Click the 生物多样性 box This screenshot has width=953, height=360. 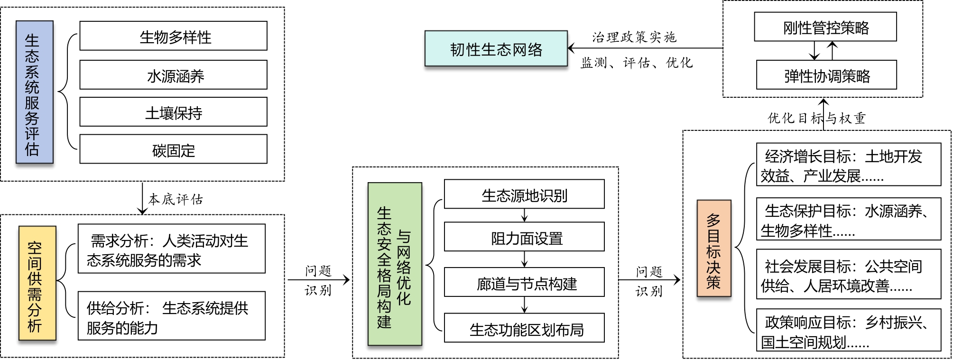(x=173, y=36)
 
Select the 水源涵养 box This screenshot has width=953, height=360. (x=173, y=75)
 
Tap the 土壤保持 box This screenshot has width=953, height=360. (x=173, y=112)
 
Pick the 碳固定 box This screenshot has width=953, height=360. (x=173, y=149)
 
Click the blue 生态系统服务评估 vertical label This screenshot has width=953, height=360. (x=34, y=92)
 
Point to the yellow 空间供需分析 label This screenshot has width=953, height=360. (x=37, y=283)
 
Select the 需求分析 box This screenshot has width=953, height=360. (x=171, y=249)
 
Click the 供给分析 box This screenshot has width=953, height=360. (x=171, y=316)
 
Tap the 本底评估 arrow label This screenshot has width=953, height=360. (x=176, y=199)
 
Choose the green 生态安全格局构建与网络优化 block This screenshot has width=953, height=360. (x=395, y=264)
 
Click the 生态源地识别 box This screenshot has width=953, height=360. (x=524, y=194)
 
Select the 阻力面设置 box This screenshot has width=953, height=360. (x=524, y=237)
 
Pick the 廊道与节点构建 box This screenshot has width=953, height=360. (x=524, y=282)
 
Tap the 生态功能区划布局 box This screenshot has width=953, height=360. (x=524, y=328)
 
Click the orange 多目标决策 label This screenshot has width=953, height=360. (x=713, y=249)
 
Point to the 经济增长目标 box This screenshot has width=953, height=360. (x=848, y=165)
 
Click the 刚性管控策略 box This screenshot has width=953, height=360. (x=825, y=27)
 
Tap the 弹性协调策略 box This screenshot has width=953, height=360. (x=826, y=75)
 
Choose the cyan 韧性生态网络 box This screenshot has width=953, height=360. (x=496, y=48)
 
